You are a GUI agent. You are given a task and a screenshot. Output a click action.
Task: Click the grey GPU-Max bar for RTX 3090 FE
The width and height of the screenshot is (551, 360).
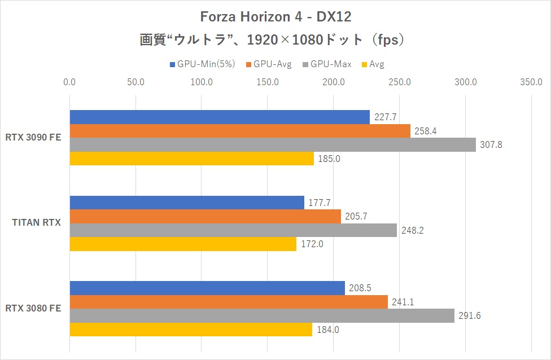[272, 145]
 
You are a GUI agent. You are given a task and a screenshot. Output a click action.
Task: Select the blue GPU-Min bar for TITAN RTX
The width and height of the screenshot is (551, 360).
[186, 203]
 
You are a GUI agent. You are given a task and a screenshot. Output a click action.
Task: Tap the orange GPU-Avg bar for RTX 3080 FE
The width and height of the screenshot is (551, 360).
[229, 302]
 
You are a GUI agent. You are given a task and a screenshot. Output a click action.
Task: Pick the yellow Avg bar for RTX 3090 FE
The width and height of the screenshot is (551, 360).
[191, 159]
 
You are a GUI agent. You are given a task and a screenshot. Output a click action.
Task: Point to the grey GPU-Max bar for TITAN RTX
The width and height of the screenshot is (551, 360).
[233, 230]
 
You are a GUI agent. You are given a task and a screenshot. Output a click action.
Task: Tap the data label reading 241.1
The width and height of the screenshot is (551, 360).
[403, 302]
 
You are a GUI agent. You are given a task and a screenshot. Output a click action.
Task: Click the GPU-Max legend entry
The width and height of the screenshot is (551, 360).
[327, 64]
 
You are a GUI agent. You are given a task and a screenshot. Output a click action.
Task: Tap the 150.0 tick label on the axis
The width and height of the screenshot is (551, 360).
[268, 82]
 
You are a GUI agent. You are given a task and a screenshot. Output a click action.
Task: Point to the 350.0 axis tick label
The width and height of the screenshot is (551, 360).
[532, 82]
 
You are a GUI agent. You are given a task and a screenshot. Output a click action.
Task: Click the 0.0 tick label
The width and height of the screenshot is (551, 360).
[69, 82]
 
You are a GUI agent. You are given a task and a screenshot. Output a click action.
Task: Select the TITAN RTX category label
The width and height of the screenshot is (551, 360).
[37, 223]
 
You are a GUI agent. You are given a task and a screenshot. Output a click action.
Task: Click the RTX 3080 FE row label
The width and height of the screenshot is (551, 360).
[33, 308]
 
